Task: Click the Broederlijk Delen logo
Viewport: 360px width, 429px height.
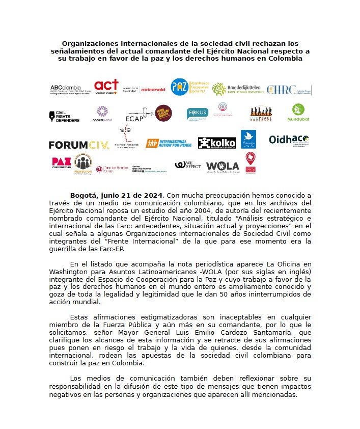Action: coord(236,89)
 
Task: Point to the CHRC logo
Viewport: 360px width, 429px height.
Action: coord(288,90)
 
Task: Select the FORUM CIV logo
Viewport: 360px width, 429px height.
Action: coord(79,145)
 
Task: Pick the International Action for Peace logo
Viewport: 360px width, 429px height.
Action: coord(169,144)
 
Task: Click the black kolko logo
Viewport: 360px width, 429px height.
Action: coord(216,143)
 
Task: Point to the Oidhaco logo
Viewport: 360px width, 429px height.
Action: coord(289,140)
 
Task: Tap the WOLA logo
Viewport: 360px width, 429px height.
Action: coord(223,166)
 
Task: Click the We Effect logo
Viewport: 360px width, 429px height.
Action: coord(187,165)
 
